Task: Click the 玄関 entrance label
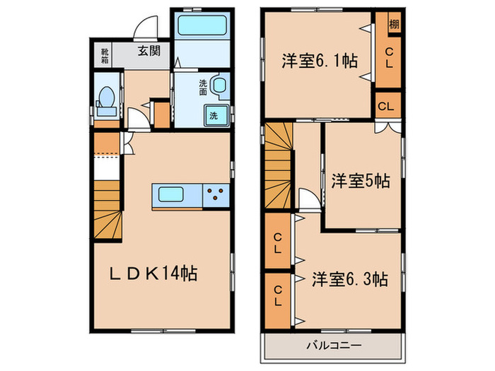click(x=148, y=51)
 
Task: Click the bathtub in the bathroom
click(x=202, y=27)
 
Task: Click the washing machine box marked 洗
click(x=213, y=115)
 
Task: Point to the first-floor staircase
click(x=107, y=208)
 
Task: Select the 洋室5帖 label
click(x=361, y=181)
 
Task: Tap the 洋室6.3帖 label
click(x=349, y=278)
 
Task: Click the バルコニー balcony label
click(x=334, y=346)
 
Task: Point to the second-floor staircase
click(x=279, y=164)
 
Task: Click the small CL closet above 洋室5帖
click(x=386, y=107)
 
